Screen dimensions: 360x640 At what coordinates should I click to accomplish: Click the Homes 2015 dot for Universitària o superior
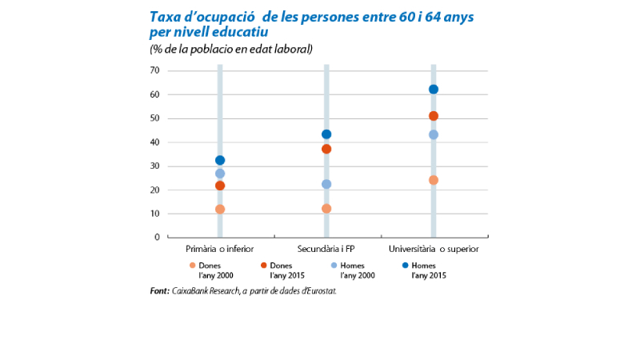pos(433,90)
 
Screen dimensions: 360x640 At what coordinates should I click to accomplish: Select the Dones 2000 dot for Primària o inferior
pos(220,210)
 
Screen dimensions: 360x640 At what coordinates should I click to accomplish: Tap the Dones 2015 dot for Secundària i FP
pos(326,149)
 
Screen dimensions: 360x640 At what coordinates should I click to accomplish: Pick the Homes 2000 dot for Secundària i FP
pos(326,184)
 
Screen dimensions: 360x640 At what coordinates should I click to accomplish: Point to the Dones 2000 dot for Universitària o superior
pos(433,180)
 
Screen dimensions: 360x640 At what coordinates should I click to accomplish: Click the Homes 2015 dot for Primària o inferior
pos(220,160)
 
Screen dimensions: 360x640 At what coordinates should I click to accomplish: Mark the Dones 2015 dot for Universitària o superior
pos(433,116)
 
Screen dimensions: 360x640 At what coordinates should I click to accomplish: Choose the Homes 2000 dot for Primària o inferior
pos(220,174)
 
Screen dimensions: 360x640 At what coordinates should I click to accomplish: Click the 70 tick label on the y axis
pos(155,70)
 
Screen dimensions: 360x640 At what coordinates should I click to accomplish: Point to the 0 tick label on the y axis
pos(158,238)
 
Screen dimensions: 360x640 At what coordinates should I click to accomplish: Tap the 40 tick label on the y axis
pos(155,142)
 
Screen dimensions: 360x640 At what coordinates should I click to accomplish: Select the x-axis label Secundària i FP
pos(326,249)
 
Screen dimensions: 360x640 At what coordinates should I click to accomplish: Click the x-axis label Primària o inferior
pos(220,249)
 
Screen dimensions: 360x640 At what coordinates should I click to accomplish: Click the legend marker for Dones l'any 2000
pos(192,265)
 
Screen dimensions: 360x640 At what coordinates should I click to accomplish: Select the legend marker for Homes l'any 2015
pos(405,265)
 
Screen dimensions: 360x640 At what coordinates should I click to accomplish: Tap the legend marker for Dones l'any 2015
pos(263,265)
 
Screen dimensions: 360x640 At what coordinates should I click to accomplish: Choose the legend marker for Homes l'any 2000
pos(334,265)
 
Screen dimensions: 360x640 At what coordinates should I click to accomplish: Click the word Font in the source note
pos(158,291)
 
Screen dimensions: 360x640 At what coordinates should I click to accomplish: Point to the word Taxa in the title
pos(166,16)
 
